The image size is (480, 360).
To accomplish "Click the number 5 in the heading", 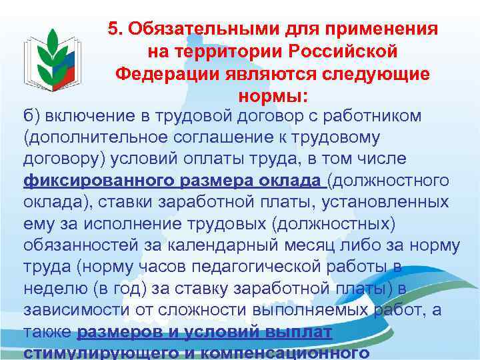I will [113, 29].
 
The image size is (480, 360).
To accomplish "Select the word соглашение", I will [219, 137].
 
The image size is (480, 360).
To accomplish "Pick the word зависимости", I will [73, 311].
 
